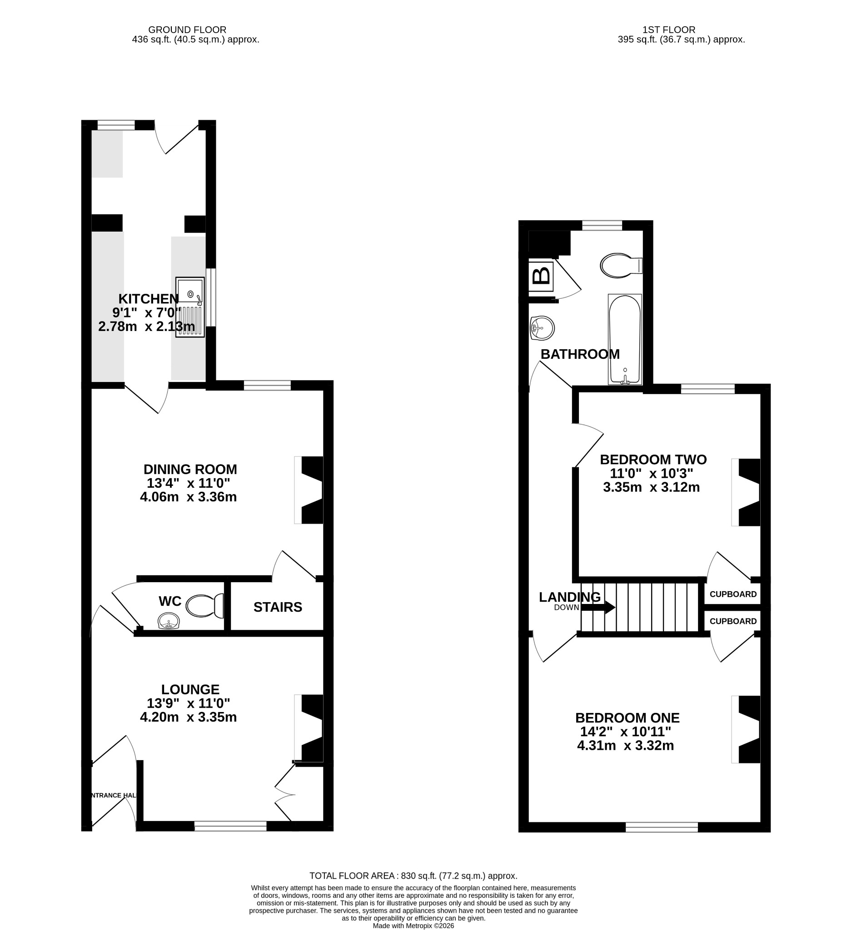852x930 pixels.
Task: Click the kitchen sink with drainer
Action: tap(189, 307)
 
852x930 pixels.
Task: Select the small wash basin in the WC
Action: tap(169, 621)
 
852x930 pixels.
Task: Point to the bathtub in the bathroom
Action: tap(625, 339)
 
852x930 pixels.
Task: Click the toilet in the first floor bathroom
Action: tap(621, 265)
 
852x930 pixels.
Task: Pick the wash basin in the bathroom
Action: tap(542, 328)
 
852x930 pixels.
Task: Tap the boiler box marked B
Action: tap(541, 277)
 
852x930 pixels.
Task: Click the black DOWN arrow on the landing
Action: tap(598, 607)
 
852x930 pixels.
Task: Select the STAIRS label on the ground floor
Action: tap(278, 607)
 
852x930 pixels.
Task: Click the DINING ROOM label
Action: tap(190, 469)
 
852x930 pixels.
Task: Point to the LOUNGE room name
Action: tap(190, 689)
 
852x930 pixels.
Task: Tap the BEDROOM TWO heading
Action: tap(653, 460)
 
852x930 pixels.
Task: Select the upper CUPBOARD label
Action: tap(733, 594)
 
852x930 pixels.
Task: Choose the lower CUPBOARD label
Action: tap(733, 621)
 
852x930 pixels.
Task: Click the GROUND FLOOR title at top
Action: tap(187, 30)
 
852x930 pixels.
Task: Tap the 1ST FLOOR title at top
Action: tap(669, 30)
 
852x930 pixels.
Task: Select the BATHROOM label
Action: tap(580, 354)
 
